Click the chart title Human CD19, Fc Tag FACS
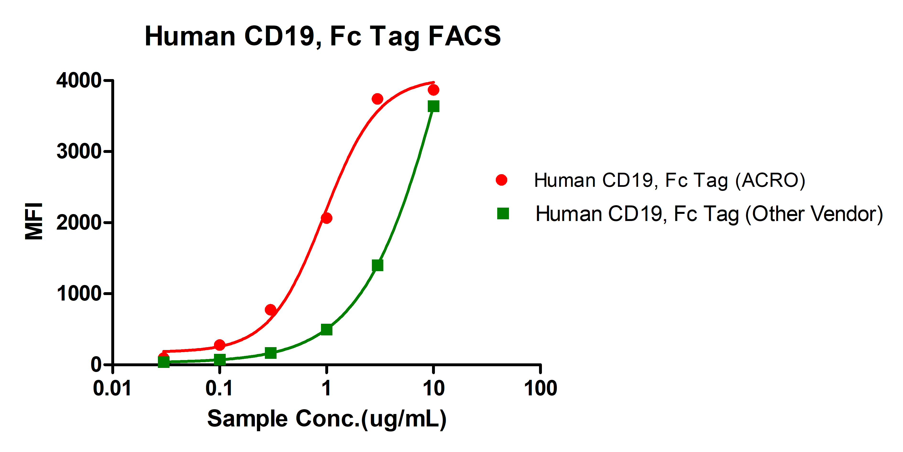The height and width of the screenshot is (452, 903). click(322, 36)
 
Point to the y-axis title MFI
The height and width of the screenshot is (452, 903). click(34, 221)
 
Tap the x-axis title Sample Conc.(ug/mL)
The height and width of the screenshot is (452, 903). click(327, 419)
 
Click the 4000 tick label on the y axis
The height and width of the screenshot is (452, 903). click(79, 81)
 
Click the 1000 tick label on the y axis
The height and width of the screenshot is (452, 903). click(79, 294)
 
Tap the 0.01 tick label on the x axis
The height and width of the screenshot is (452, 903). click(112, 388)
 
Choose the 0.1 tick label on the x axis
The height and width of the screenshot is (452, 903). click(219, 388)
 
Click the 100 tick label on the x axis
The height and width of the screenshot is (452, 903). click(540, 388)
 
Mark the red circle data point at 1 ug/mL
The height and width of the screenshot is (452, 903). click(326, 218)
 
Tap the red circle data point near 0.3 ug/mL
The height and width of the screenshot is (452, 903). click(270, 310)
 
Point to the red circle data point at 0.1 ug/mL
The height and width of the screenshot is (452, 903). click(219, 345)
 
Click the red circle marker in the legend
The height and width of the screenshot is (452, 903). click(501, 180)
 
